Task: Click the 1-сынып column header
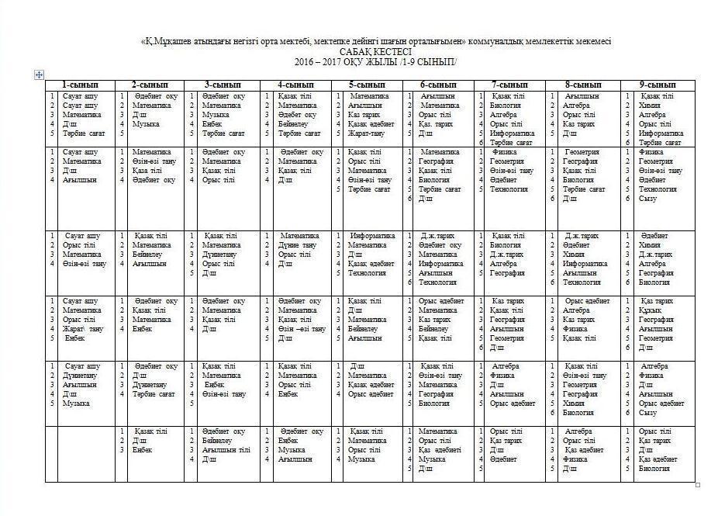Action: [x=80, y=85]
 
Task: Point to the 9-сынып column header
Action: [x=657, y=85]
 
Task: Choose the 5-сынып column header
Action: [x=367, y=85]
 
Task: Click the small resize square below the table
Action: [x=697, y=485]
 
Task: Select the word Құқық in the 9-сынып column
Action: [x=651, y=310]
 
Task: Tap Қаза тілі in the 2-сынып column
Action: [x=147, y=171]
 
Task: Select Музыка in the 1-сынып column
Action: [x=76, y=403]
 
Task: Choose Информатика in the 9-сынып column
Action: [x=661, y=133]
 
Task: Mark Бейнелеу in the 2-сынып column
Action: [x=147, y=255]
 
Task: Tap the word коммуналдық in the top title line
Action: [x=507, y=40]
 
